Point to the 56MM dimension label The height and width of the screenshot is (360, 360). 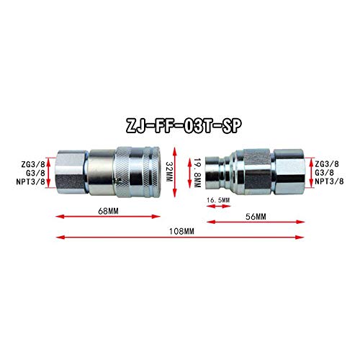click(x=256, y=215)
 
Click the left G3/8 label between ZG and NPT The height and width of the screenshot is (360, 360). click(x=34, y=173)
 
